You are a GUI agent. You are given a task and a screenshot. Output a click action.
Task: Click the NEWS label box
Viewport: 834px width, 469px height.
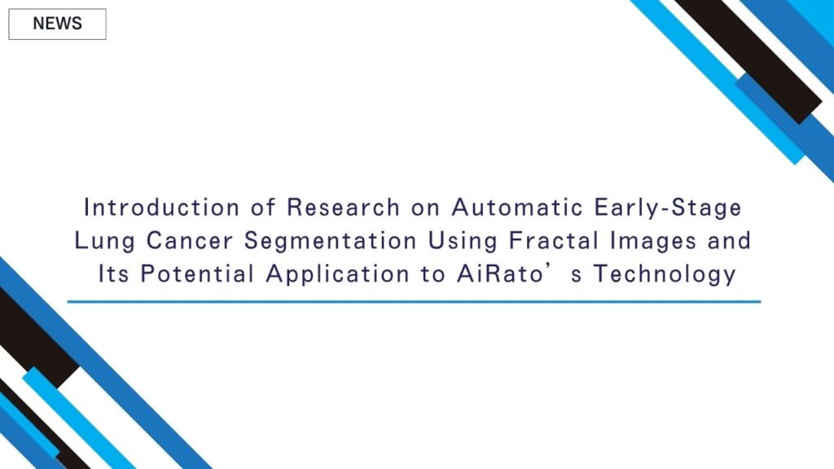pyautogui.click(x=58, y=24)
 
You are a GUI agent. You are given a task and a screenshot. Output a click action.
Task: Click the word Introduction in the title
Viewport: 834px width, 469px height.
pyautogui.click(x=162, y=207)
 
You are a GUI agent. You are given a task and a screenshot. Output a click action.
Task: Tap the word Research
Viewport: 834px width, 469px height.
pyautogui.click(x=343, y=207)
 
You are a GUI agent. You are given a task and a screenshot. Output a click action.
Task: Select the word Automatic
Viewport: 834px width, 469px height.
pyautogui.click(x=517, y=207)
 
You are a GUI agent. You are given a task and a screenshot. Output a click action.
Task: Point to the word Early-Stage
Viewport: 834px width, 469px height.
pyautogui.click(x=668, y=208)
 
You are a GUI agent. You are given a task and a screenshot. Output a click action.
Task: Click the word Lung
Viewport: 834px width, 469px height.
pyautogui.click(x=105, y=241)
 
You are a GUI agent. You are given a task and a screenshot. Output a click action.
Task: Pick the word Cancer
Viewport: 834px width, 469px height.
pyautogui.click(x=189, y=240)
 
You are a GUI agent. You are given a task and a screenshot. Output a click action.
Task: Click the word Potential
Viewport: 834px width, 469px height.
pyautogui.click(x=197, y=274)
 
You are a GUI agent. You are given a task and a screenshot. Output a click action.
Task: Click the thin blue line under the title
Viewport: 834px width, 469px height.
pyautogui.click(x=414, y=301)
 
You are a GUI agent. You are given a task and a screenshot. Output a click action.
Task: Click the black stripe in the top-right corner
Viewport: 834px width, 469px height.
pyautogui.click(x=748, y=59)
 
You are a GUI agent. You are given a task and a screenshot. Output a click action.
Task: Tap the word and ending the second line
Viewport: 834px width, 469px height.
pyautogui.click(x=729, y=240)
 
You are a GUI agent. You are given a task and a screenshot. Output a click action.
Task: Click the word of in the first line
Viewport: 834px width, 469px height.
pyautogui.click(x=263, y=207)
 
